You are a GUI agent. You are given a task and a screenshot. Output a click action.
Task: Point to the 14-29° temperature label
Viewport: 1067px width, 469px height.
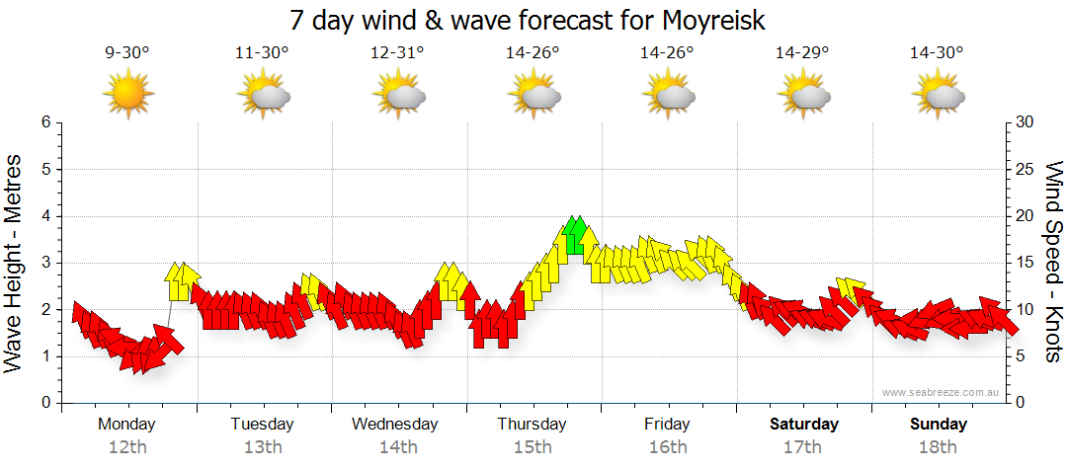point(802,53)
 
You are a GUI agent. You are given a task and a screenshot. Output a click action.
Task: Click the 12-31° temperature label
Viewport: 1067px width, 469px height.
point(397,53)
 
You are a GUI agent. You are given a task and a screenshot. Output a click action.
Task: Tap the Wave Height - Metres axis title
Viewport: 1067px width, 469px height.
point(14,263)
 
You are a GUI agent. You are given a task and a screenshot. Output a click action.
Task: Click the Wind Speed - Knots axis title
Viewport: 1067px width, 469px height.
point(1053,263)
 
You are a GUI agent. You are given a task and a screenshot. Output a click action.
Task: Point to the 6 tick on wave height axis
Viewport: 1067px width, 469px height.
point(45,122)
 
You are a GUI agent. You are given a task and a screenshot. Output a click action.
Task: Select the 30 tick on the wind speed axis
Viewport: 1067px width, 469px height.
point(1025,122)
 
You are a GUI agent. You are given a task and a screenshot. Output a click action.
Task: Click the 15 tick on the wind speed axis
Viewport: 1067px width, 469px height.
point(1025,263)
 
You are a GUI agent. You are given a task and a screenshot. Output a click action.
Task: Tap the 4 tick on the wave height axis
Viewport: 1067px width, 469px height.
point(45,216)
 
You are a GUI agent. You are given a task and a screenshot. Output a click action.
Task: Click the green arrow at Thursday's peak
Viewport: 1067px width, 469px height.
point(576,235)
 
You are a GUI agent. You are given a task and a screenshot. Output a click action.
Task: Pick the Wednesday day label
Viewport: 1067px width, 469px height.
point(395,425)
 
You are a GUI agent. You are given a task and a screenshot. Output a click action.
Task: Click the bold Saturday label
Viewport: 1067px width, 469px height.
point(804,425)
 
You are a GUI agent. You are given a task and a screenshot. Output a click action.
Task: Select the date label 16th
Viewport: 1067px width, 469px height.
point(668,447)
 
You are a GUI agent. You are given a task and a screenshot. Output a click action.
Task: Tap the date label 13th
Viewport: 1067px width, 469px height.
point(263,447)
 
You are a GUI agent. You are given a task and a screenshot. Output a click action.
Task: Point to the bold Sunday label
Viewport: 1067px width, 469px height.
point(939,425)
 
